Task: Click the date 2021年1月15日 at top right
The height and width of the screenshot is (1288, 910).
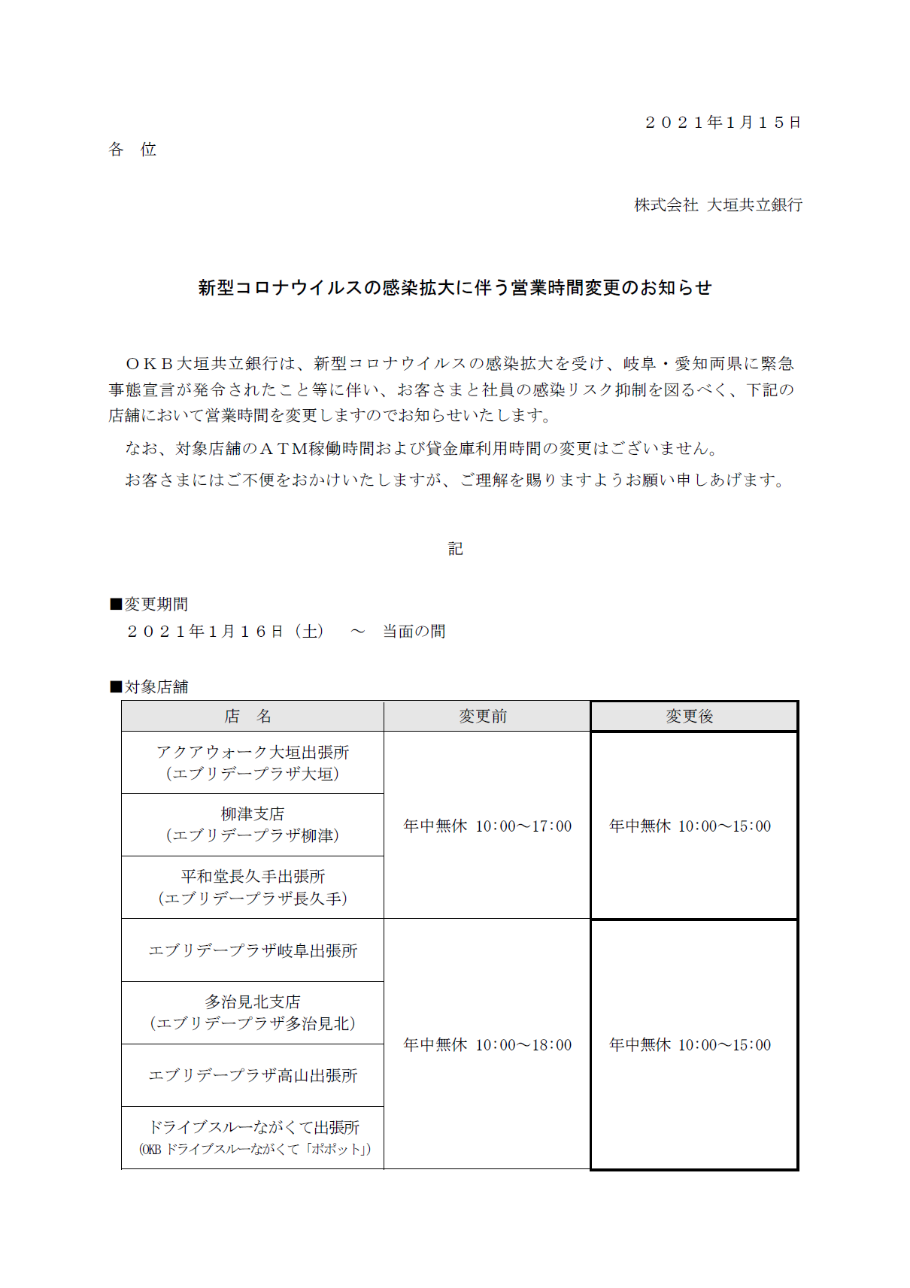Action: coord(723,123)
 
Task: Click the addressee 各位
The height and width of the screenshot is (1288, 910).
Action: coord(132,150)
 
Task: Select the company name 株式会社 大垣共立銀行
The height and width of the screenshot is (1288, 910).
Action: coord(718,205)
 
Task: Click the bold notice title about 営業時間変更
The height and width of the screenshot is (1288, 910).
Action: coord(454,288)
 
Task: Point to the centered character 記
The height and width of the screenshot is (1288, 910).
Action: coord(455,549)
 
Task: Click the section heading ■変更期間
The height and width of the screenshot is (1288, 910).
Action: coord(149,605)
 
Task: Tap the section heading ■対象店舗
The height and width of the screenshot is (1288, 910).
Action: coord(149,686)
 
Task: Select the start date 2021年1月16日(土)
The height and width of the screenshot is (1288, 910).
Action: coord(226,632)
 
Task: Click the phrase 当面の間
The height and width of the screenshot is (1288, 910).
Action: coord(414,632)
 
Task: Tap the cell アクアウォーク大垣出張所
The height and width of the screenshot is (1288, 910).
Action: coord(253,762)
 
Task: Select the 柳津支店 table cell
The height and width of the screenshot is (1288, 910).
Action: coord(253,825)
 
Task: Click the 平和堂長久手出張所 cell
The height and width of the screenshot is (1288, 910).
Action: coord(253,887)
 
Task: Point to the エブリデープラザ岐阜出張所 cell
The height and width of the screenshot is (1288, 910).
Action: coord(253,950)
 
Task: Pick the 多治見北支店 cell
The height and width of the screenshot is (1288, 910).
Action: coord(253,1013)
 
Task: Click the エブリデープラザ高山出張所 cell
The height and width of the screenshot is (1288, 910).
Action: coord(253,1075)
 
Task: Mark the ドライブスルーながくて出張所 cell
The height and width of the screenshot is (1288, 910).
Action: coord(253,1138)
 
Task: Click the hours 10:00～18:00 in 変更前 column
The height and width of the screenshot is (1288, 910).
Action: coord(523,1045)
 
